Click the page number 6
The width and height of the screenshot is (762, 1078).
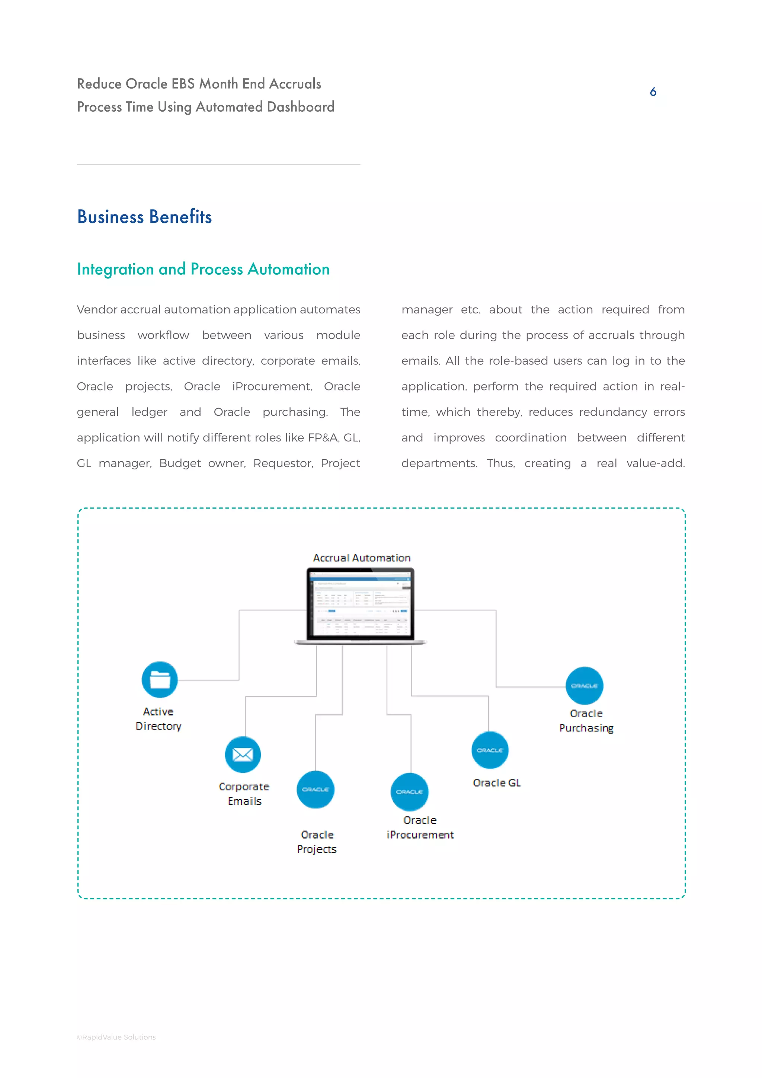point(653,92)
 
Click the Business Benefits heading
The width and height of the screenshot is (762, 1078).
point(144,217)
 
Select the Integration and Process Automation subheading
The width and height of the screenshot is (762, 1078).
point(203,269)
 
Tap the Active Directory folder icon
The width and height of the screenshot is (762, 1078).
point(160,679)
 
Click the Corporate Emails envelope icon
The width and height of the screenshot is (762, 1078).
point(243,755)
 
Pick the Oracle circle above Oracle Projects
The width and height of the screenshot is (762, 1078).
point(315,790)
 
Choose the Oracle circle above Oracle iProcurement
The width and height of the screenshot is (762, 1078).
point(410,792)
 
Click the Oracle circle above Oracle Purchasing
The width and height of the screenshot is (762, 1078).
point(584,686)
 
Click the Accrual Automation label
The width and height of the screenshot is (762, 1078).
point(362,558)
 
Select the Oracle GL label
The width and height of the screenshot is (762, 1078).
point(496,783)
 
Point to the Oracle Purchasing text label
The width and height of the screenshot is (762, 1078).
point(586,721)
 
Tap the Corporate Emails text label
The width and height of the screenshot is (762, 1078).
point(244,794)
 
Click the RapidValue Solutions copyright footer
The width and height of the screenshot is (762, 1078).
point(116,1037)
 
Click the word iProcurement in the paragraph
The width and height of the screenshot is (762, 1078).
point(272,386)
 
